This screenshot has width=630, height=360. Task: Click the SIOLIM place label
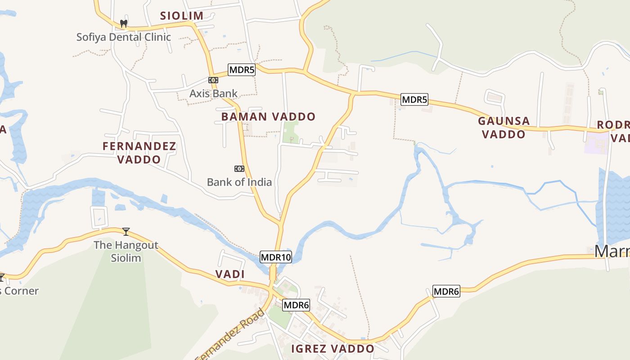click(182, 16)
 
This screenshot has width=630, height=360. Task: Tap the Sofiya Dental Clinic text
click(123, 37)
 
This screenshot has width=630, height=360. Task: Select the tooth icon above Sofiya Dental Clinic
click(124, 23)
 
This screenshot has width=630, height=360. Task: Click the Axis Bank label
click(213, 94)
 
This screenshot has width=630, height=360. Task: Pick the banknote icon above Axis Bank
click(213, 80)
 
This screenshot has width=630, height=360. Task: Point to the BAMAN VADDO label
click(268, 117)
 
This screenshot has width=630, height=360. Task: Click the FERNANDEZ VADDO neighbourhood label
click(139, 153)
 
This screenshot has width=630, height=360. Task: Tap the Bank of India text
click(239, 182)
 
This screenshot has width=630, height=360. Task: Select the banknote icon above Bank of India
click(239, 169)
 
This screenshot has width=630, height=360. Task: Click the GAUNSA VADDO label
click(504, 127)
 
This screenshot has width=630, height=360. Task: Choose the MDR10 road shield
click(276, 257)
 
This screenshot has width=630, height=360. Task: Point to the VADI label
click(229, 274)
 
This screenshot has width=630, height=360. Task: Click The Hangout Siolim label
click(126, 252)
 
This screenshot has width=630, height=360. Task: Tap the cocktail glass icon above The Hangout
click(126, 232)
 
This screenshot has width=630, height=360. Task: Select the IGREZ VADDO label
click(333, 349)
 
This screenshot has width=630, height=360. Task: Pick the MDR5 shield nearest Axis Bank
click(242, 70)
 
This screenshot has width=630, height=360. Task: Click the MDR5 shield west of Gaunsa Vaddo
click(414, 99)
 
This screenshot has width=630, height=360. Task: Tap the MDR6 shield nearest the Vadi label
click(296, 305)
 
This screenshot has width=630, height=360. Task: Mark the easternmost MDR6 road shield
click(446, 292)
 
